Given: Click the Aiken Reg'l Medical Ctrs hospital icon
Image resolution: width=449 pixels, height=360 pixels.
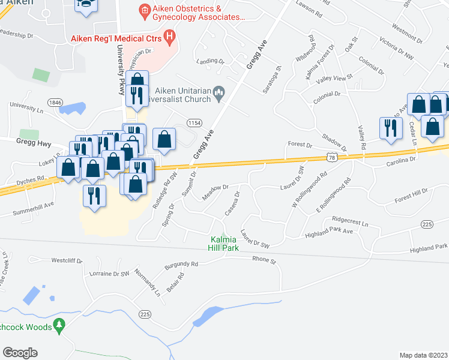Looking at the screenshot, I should (x=170, y=38).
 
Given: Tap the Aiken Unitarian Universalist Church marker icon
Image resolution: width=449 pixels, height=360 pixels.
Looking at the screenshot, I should (x=219, y=91).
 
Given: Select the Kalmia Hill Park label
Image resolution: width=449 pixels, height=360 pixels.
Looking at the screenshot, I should (x=223, y=242).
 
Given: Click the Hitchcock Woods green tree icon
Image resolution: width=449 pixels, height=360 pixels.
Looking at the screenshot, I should (x=59, y=325).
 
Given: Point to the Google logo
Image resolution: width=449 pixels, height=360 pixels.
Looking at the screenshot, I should (x=19, y=353).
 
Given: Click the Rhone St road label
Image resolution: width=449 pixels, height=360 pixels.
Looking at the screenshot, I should (x=264, y=261).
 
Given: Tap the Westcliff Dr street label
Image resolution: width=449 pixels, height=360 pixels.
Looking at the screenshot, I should (x=66, y=260).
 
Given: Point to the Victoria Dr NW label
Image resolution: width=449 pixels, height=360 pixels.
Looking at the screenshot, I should (x=397, y=49).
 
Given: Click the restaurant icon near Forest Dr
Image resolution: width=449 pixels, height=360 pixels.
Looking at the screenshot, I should (x=390, y=128).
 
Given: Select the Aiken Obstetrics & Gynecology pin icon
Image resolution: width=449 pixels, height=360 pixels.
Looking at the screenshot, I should (x=144, y=10).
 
